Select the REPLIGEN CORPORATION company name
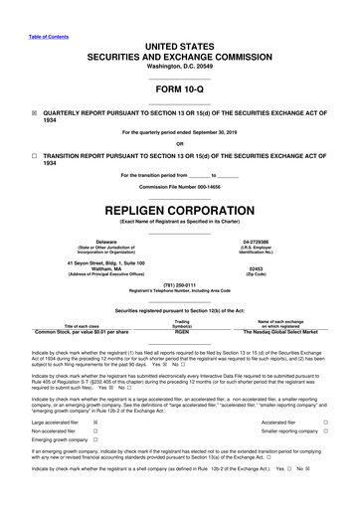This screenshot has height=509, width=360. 179,212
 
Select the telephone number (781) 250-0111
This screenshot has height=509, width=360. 180,292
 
